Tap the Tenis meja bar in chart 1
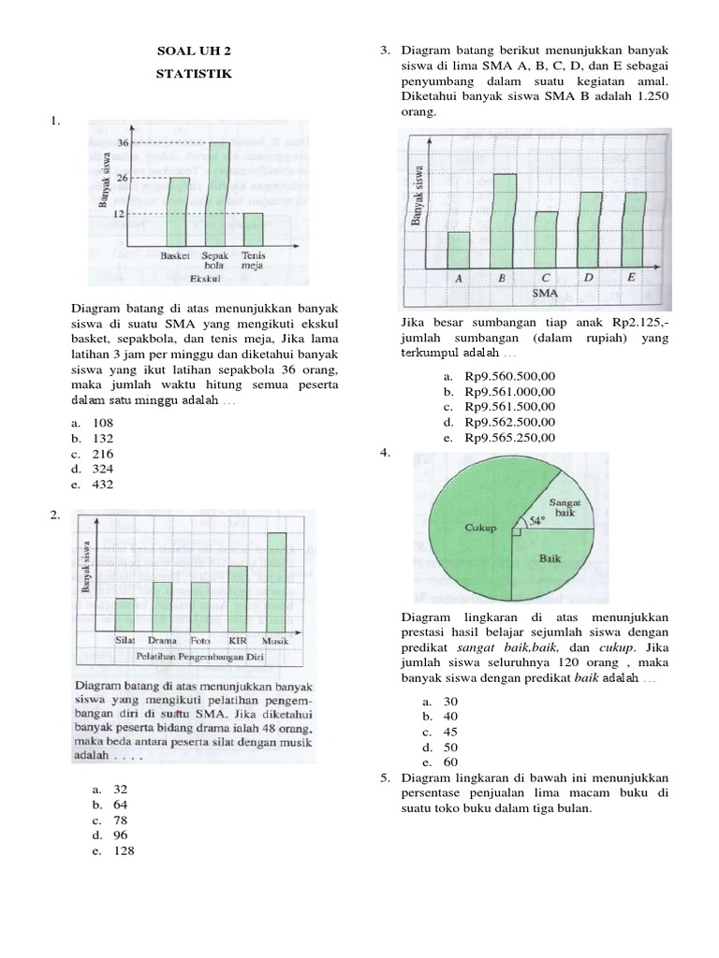coord(253,230)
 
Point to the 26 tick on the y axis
coord(125,178)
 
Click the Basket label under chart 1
coord(176,254)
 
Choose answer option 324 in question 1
coord(102,469)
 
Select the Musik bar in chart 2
coord(276,580)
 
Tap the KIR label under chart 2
coord(238,641)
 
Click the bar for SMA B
coord(504,222)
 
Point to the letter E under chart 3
coord(632,278)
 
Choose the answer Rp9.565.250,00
coord(509,437)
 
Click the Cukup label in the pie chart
coord(479,528)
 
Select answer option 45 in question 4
coord(452,732)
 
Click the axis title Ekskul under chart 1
coord(204,279)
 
